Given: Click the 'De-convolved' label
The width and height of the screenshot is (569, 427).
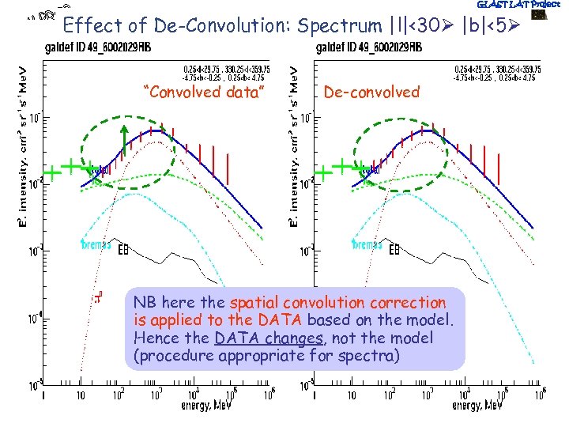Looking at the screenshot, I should coord(371,93).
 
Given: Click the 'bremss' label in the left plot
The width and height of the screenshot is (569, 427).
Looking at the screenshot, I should coord(97,244).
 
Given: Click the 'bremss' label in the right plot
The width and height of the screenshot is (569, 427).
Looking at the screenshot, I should coord(367,244).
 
